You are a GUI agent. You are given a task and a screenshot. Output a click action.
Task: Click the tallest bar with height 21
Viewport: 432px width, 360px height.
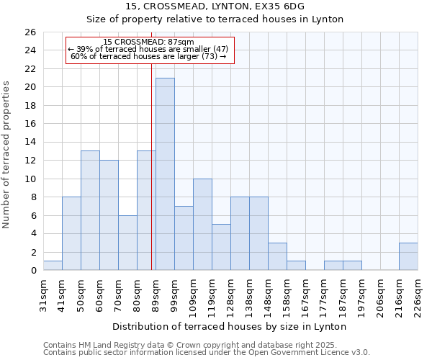[165, 174]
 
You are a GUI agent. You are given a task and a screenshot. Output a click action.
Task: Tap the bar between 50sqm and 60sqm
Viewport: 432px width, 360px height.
[90, 211]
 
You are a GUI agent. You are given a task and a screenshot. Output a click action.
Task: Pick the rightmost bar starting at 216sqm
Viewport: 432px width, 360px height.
[408, 257]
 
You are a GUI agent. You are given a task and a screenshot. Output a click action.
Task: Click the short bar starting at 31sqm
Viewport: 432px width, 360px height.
[53, 266]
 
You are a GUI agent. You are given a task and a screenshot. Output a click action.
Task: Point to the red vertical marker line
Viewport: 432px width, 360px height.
[151, 166]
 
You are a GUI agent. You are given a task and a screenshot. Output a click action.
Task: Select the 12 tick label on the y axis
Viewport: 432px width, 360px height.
[31, 161]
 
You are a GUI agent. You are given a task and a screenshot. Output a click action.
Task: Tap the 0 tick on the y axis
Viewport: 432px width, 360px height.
[34, 271]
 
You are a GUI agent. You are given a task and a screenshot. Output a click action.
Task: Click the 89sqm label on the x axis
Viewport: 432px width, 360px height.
[156, 293]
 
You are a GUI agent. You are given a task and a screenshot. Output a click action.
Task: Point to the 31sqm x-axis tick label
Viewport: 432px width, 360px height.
[44, 293]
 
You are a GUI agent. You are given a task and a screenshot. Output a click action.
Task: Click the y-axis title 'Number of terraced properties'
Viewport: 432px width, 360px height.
[7, 155]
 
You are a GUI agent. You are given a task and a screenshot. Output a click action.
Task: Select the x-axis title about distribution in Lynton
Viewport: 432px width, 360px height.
[230, 326]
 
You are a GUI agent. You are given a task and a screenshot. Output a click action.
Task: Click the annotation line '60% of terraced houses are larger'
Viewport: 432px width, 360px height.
[148, 56]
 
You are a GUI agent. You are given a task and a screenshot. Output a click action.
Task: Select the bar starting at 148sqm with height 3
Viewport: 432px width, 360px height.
[277, 257]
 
